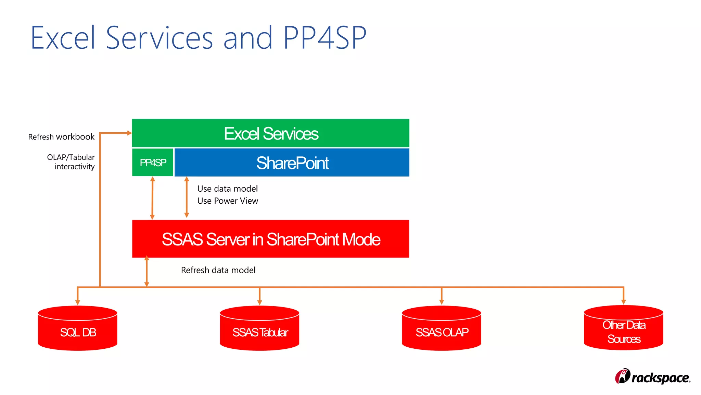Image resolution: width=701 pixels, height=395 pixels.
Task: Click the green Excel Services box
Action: tap(270, 133)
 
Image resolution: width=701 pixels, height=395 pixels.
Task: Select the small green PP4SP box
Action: tap(153, 163)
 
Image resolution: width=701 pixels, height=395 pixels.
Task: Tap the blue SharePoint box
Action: tap(292, 163)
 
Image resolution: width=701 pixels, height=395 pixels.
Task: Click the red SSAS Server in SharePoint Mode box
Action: tap(270, 239)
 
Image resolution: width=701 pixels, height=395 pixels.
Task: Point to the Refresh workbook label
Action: tap(61, 137)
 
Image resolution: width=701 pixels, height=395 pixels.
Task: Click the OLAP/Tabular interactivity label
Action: tap(71, 162)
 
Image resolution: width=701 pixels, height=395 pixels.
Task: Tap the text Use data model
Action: tap(228, 189)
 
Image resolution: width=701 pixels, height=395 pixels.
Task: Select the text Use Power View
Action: tap(228, 201)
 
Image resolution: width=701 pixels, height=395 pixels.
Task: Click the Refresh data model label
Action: tap(218, 270)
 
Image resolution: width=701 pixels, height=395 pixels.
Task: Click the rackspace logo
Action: tap(652, 377)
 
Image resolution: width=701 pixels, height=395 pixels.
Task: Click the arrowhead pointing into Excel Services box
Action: tap(129, 133)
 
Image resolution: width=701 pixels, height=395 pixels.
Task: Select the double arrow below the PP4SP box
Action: tap(153, 198)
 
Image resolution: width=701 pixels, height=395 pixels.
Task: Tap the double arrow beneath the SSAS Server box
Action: tap(147, 271)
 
